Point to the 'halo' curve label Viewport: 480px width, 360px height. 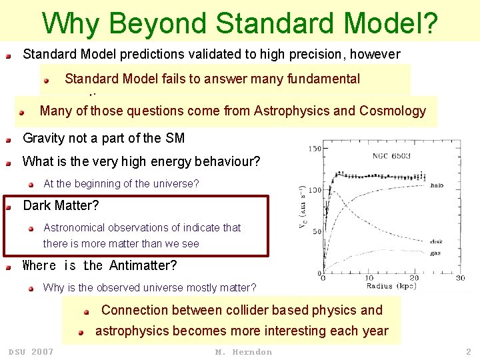[437, 186]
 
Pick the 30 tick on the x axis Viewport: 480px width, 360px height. [460, 278]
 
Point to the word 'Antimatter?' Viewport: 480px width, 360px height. [143, 265]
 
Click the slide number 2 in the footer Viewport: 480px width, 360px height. [468, 352]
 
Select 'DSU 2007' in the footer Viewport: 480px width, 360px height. [31, 352]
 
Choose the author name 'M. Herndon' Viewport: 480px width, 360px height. [243, 352]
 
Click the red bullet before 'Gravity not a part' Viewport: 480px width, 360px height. [9, 140]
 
